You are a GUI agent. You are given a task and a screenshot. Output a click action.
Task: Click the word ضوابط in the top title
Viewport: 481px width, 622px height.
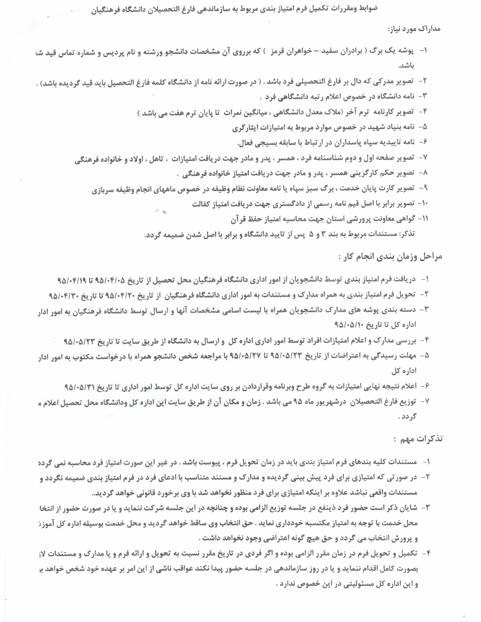click(368, 8)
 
